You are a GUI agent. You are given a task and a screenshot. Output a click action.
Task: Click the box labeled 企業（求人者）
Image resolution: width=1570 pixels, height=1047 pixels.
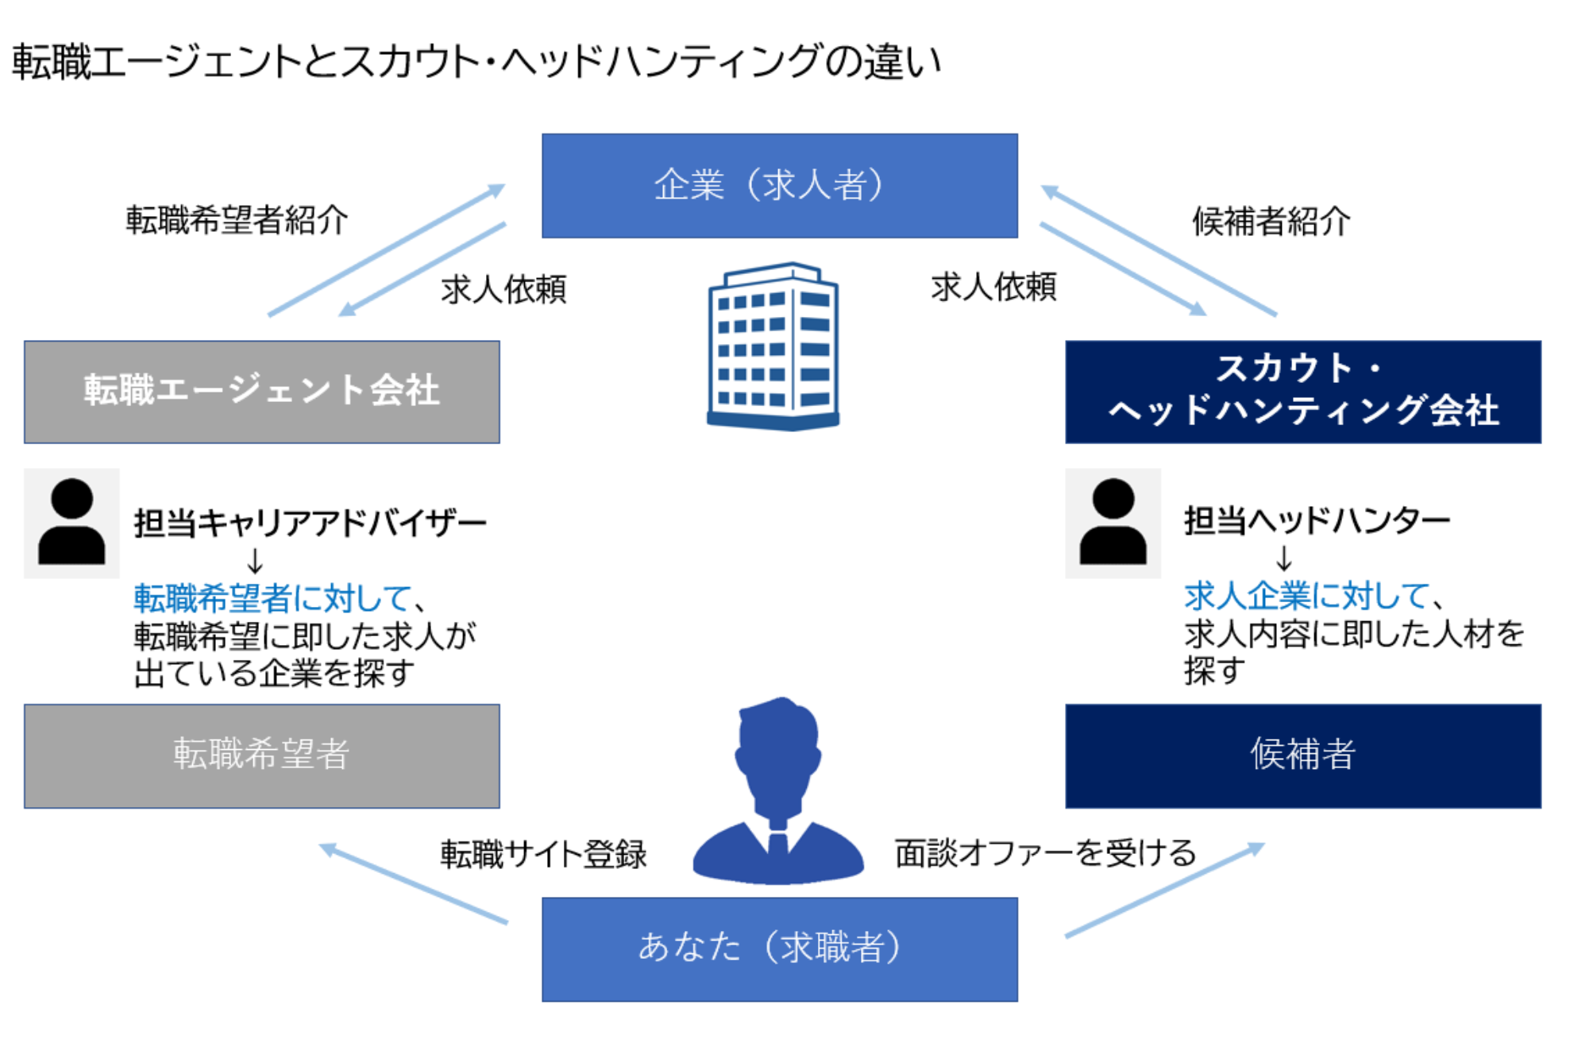pyautogui.click(x=778, y=185)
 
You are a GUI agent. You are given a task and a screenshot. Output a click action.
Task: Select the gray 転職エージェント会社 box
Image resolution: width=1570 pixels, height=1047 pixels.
pyautogui.click(x=261, y=392)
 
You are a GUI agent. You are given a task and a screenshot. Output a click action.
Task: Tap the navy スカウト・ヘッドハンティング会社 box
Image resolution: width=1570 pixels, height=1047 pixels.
pyautogui.click(x=1302, y=392)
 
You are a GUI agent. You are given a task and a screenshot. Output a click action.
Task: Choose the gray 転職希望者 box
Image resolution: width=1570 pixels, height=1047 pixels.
pyautogui.click(x=261, y=755)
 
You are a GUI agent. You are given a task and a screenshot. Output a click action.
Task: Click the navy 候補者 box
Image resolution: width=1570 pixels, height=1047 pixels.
pyautogui.click(x=1302, y=755)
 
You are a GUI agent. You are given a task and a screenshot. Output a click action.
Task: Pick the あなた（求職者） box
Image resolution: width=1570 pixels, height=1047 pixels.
pyautogui.click(x=778, y=948)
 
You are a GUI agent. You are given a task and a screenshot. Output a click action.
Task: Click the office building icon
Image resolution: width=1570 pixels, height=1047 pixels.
pyautogui.click(x=773, y=347)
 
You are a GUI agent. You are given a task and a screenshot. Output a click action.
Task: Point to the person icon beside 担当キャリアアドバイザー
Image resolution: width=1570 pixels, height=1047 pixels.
pyautogui.click(x=71, y=522)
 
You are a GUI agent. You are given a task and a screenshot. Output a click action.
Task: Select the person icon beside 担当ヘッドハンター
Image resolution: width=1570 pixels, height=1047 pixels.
pyautogui.click(x=1113, y=522)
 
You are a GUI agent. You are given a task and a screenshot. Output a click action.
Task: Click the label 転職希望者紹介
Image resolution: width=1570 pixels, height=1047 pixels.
pyautogui.click(x=237, y=220)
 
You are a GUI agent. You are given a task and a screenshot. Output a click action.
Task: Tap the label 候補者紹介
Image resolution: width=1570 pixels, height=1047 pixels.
pyautogui.click(x=1271, y=222)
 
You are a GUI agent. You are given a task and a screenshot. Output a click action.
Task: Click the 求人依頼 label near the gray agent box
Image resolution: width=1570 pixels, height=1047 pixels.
pyautogui.click(x=503, y=289)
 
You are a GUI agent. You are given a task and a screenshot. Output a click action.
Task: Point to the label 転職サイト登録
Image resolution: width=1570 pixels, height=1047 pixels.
pyautogui.click(x=543, y=854)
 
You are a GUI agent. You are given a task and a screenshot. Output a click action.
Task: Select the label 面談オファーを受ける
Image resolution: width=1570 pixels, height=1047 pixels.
pyautogui.click(x=1045, y=853)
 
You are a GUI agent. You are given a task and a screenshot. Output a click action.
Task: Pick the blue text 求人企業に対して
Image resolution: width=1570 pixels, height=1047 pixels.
pyautogui.click(x=1307, y=596)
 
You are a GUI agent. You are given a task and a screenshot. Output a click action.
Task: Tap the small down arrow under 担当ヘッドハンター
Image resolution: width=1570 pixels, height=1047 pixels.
pyautogui.click(x=1283, y=558)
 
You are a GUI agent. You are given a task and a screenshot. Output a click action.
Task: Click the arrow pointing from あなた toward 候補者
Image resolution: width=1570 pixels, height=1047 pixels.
pyautogui.click(x=1164, y=890)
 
